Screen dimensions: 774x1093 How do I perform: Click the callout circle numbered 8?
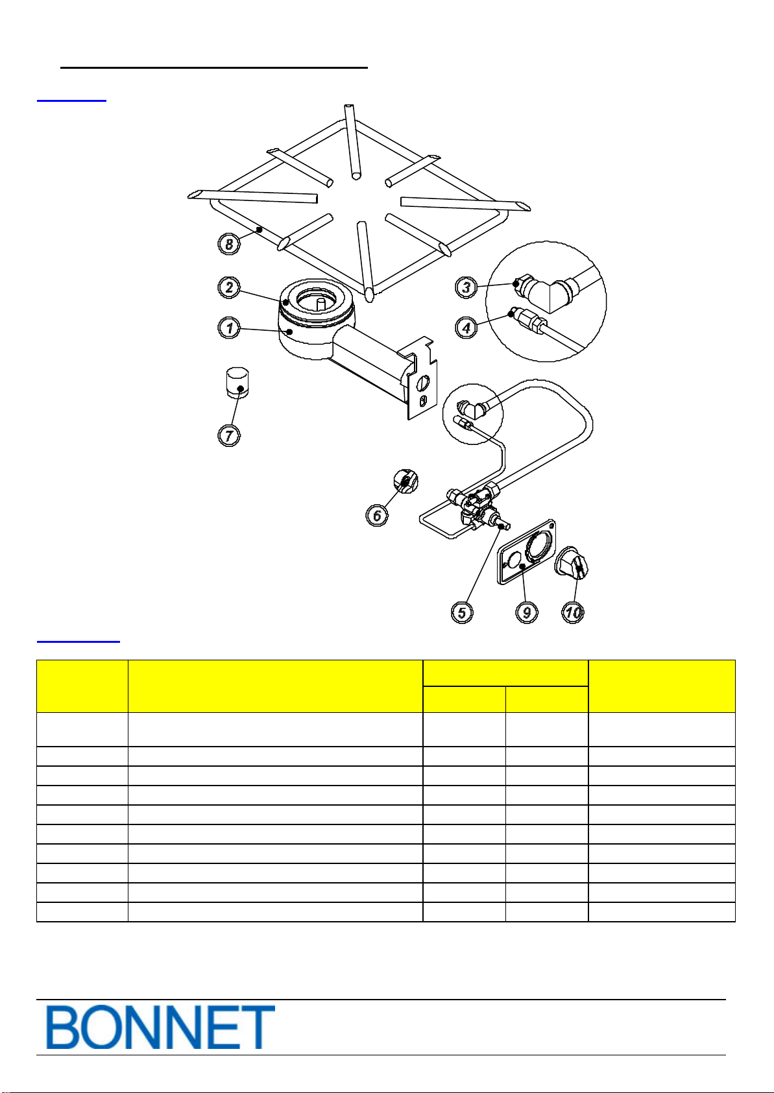(229, 243)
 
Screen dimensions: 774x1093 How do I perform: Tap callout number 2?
(229, 287)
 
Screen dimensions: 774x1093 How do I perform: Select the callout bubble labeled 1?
(229, 328)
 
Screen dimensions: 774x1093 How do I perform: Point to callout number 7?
(229, 435)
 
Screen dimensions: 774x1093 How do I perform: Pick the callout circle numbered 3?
(466, 287)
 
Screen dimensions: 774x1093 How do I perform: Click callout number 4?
(466, 328)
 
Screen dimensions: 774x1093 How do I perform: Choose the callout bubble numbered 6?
(377, 515)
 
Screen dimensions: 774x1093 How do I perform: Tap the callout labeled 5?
(462, 612)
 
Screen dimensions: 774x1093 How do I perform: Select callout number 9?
(527, 612)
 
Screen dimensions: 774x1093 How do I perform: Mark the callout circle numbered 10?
(573, 612)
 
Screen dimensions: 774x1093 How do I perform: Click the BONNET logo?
(160, 1027)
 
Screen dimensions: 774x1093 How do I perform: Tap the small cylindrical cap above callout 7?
(237, 382)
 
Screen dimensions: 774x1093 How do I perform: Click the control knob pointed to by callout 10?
(572, 564)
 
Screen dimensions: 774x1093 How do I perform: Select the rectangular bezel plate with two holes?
(527, 551)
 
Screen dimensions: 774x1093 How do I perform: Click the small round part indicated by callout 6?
(405, 481)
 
